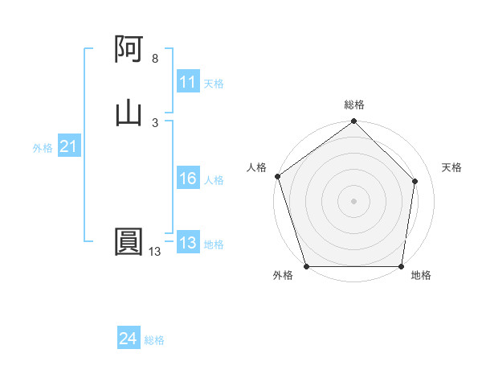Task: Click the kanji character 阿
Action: (129, 51)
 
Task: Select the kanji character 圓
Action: (129, 242)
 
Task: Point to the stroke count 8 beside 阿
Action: (155, 59)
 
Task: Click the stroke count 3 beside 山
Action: (155, 122)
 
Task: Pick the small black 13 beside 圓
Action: (155, 252)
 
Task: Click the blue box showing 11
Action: (188, 82)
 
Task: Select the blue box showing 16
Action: (188, 179)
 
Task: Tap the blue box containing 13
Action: (188, 244)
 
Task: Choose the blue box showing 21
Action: (68, 147)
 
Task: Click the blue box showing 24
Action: (129, 339)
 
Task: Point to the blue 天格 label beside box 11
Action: (214, 83)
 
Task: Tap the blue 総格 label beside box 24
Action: (154, 340)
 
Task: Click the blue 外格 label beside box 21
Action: (43, 148)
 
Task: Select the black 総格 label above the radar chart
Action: (354, 105)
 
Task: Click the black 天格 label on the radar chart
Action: (452, 167)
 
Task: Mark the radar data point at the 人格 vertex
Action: (277, 176)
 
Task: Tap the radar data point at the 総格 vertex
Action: (354, 121)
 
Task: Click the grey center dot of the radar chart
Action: (354, 200)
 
